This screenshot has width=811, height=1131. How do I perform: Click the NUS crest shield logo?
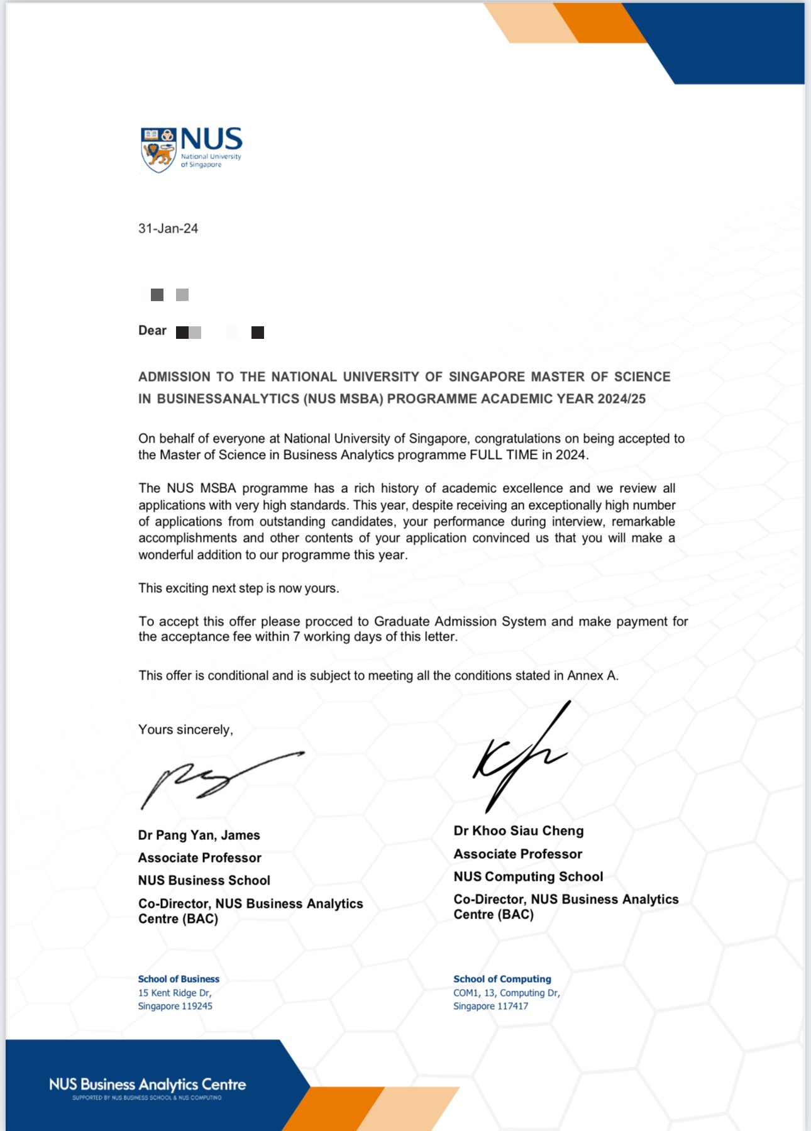[158, 150]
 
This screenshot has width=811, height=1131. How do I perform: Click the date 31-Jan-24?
[168, 229]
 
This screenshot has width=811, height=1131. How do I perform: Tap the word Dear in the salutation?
[152, 331]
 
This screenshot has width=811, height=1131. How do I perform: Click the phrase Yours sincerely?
[185, 730]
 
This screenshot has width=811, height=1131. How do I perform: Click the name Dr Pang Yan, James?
[199, 836]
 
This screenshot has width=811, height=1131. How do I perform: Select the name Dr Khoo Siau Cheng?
[518, 831]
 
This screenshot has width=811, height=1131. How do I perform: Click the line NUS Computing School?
[528, 877]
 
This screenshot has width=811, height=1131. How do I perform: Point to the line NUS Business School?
[204, 881]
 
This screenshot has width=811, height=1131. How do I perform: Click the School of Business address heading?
[179, 979]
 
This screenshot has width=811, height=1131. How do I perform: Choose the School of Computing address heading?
[502, 979]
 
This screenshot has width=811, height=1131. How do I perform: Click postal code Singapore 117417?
[490, 1007]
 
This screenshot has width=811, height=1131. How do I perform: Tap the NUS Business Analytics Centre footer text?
[147, 1084]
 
